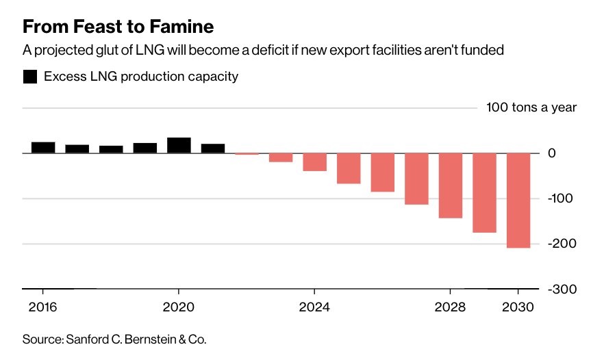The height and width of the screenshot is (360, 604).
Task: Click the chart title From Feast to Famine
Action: tap(118, 27)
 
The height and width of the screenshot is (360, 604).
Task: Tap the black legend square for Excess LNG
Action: tap(29, 77)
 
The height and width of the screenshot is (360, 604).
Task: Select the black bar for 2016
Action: tap(43, 147)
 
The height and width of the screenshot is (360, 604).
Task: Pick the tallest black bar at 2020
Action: tap(179, 145)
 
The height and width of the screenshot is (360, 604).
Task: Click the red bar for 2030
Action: tap(518, 200)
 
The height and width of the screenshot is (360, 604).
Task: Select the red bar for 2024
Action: tap(314, 162)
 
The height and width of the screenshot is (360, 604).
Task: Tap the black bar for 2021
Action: tap(213, 148)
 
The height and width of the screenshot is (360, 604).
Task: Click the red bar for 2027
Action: tap(416, 179)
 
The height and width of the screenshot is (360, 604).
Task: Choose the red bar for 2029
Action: tap(484, 192)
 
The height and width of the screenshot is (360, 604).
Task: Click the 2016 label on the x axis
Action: tap(42, 307)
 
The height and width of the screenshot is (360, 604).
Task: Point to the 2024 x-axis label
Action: tap(314, 307)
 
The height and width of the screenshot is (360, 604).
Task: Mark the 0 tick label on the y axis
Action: tap(570, 153)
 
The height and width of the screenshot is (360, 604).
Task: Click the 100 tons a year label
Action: tap(531, 107)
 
